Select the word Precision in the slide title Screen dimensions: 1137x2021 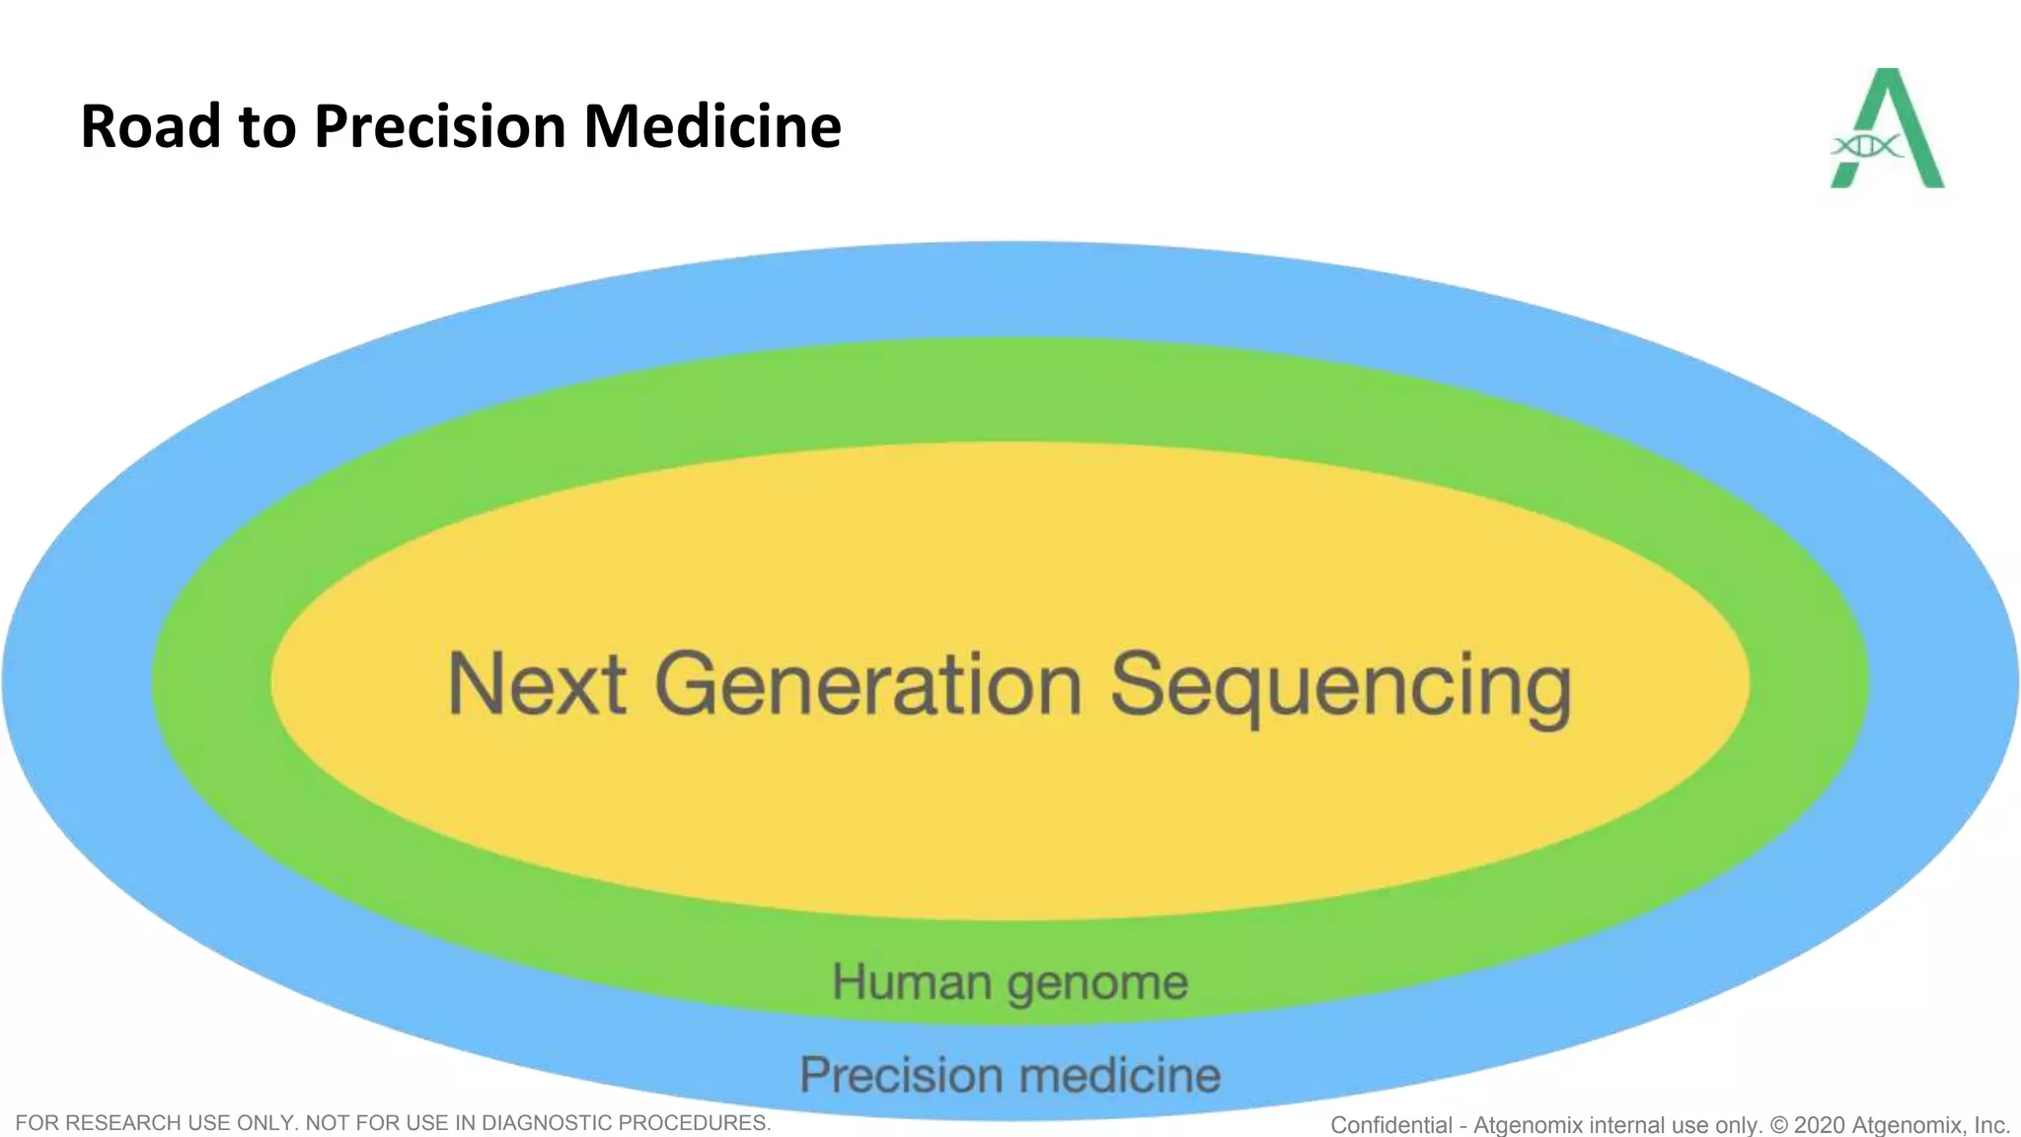point(439,126)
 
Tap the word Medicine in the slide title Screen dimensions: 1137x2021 point(712,126)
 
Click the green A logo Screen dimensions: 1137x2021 point(1888,128)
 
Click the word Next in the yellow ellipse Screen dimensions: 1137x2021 point(537,684)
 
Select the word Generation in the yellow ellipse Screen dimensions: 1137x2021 point(868,684)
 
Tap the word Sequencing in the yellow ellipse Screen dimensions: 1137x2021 point(1340,688)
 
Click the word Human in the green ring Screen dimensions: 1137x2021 point(912,982)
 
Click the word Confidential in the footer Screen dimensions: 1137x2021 point(1390,1125)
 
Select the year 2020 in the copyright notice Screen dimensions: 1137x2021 point(1819,1125)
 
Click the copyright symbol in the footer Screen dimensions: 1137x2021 point(1778,1125)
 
